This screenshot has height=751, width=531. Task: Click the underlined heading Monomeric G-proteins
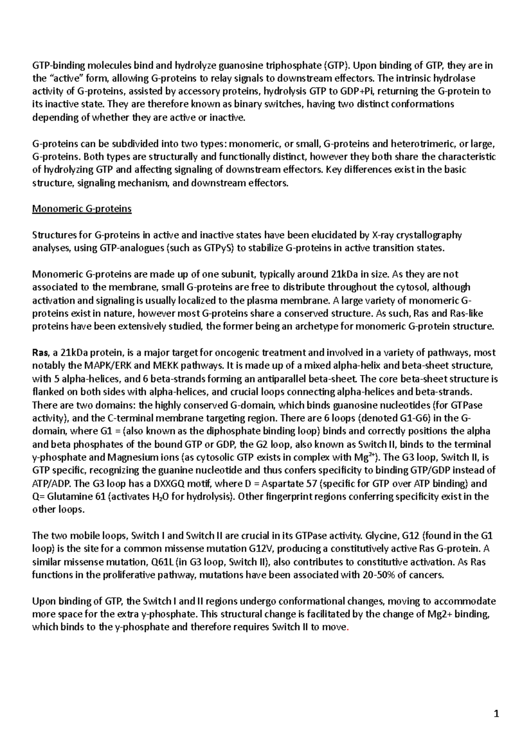click(82, 209)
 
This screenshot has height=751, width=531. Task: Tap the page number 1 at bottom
click(496, 713)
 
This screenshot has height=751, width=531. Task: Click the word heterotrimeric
click(421, 144)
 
